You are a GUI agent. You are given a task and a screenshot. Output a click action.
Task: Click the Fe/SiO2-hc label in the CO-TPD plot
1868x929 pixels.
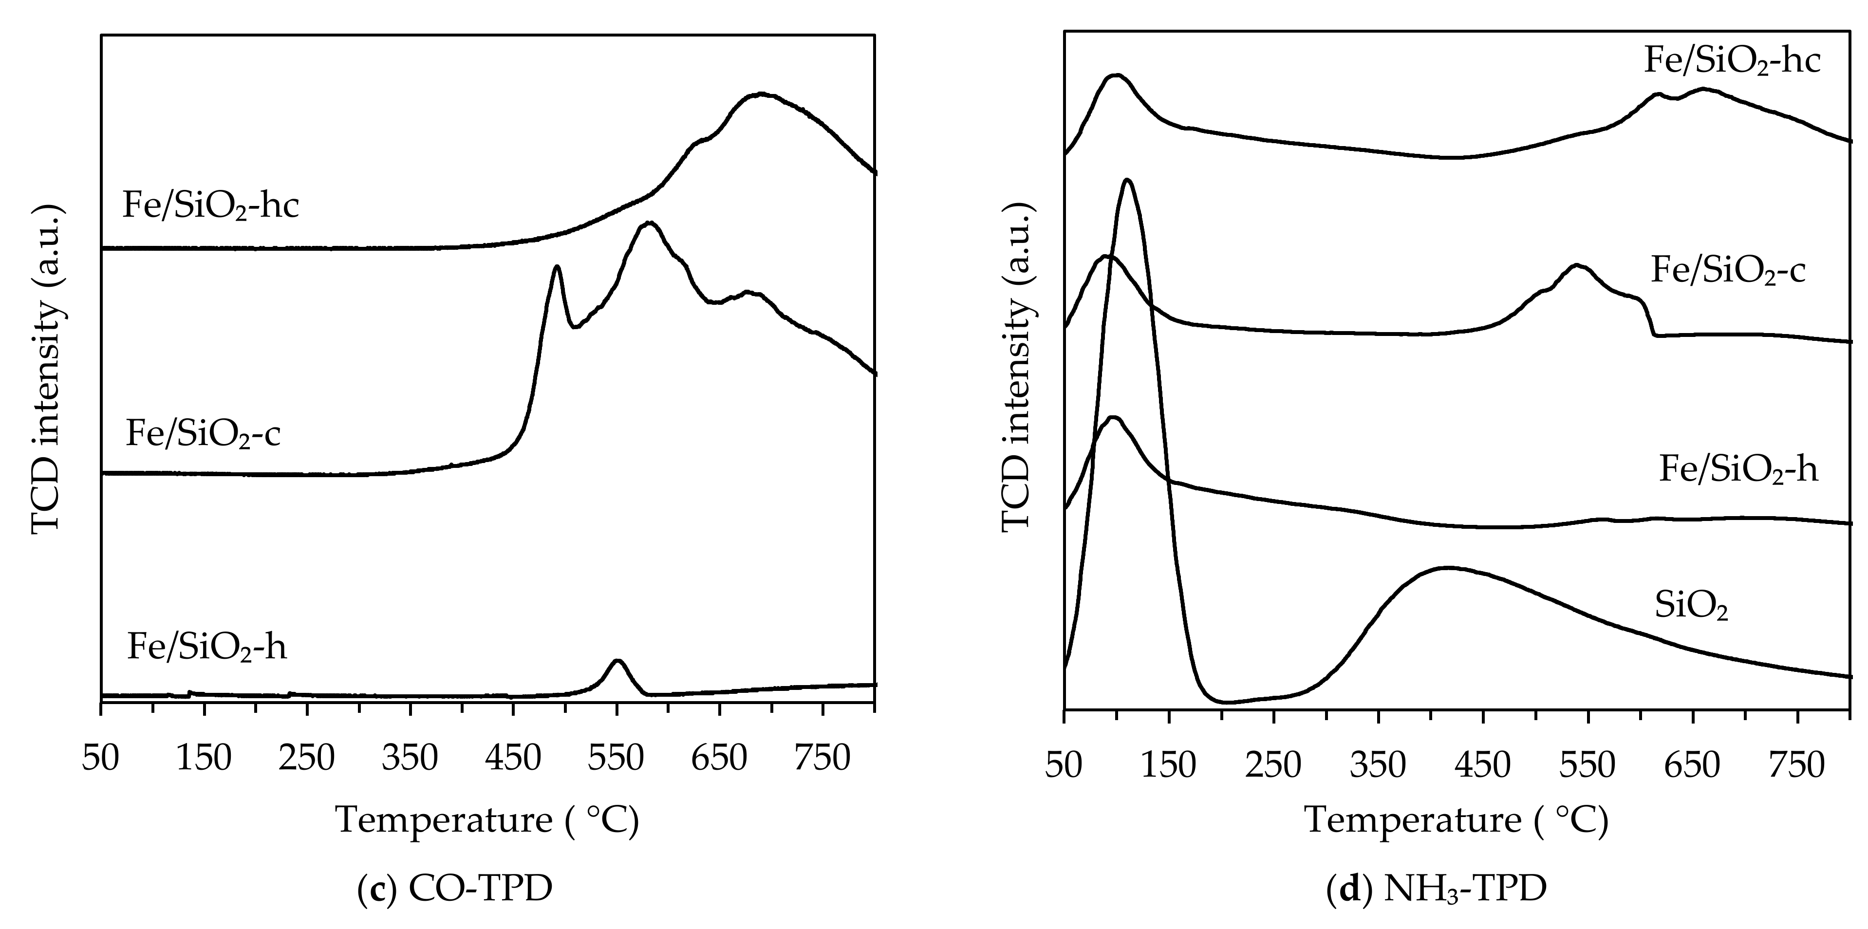point(210,206)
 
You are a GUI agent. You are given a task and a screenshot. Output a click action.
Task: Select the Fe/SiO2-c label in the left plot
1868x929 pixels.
point(203,434)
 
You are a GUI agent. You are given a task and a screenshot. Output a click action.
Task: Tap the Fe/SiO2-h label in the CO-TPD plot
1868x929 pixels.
point(206,646)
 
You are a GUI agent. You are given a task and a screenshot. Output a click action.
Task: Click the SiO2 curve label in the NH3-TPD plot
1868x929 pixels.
point(1691,606)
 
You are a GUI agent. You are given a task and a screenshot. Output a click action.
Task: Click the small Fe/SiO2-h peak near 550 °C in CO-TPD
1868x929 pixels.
point(617,661)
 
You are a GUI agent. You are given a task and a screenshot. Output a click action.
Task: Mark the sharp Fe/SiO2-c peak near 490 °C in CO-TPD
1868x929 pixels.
point(557,267)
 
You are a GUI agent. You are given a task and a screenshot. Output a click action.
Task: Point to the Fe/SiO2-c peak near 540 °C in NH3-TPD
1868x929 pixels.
point(1576,266)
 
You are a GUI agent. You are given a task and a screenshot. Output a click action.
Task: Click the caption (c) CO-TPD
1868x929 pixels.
point(455,889)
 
